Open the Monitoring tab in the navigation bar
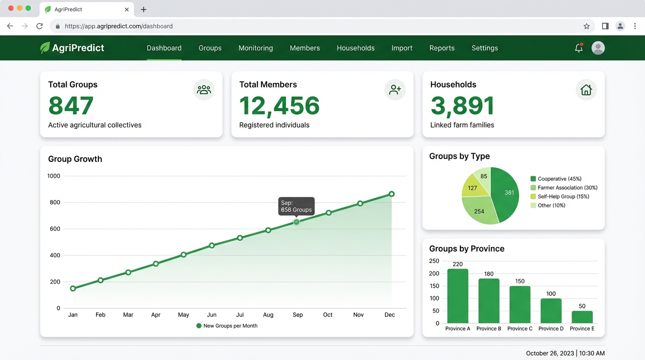click(255, 48)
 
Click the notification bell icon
click(578, 48)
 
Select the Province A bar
click(457, 296)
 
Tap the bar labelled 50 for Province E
click(582, 317)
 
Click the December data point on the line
click(391, 194)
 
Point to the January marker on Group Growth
click(73, 288)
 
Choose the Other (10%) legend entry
click(551, 205)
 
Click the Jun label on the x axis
click(212, 315)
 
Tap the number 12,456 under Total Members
click(279, 106)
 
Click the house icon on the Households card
click(586, 90)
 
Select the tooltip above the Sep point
click(296, 206)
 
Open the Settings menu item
click(485, 48)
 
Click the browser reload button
click(40, 26)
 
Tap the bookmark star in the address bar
click(586, 26)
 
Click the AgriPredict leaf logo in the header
click(45, 48)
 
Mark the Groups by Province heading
click(466, 249)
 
